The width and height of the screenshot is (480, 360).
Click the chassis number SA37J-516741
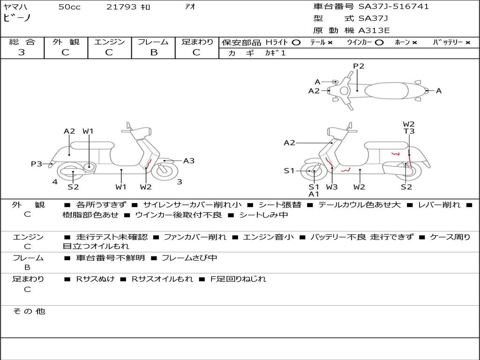coord(394,7)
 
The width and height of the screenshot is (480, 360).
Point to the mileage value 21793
coord(121,7)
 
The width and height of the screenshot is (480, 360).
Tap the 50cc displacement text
coord(69,7)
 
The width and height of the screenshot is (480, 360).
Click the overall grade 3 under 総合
coord(22,52)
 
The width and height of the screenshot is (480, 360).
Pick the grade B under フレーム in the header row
coord(154,52)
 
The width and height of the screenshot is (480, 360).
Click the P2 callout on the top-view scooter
coord(359,66)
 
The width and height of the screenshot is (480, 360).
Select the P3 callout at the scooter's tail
coord(37,164)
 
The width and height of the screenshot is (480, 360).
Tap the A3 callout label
coord(189,161)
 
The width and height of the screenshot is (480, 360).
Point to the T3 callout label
coord(409,131)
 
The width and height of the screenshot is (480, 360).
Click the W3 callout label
coord(332,187)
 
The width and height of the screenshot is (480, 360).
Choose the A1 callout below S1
coord(314,194)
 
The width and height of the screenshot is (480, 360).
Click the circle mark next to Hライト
coord(296,43)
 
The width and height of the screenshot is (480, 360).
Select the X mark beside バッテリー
coord(468,43)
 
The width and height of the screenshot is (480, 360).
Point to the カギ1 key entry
coord(275,53)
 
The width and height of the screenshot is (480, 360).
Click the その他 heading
coord(29,311)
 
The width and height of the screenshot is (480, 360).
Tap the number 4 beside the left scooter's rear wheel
coord(55,182)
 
